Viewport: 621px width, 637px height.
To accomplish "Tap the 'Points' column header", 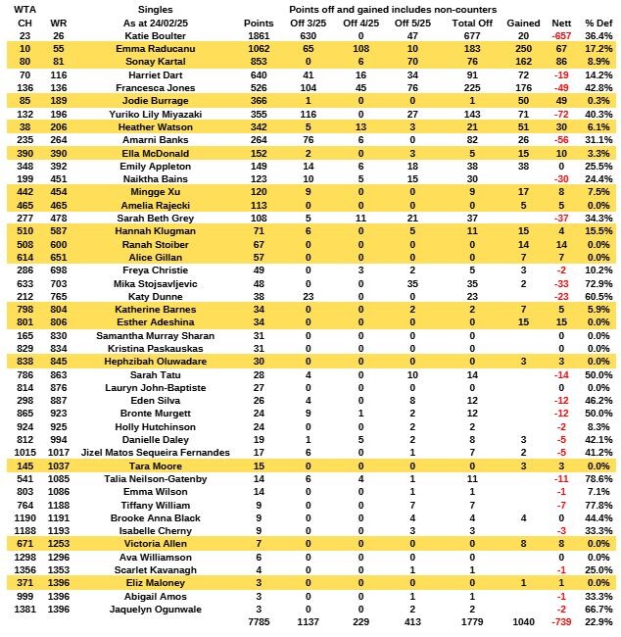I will coord(259,22).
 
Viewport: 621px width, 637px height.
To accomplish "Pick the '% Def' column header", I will coord(597,22).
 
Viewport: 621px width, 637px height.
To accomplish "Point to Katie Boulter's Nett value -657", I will coord(561,34).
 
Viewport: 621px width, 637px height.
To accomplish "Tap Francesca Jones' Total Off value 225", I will coord(470,86).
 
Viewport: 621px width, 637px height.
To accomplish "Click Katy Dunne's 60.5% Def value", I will coord(597,295).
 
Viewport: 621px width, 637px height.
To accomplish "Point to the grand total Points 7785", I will coord(259,622).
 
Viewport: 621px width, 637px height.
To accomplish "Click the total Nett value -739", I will coord(561,622).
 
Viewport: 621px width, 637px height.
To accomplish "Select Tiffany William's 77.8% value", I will coord(597,504).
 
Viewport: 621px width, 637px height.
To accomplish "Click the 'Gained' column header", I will coord(522,22).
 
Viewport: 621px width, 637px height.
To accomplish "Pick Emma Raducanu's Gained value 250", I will coord(522,47).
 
